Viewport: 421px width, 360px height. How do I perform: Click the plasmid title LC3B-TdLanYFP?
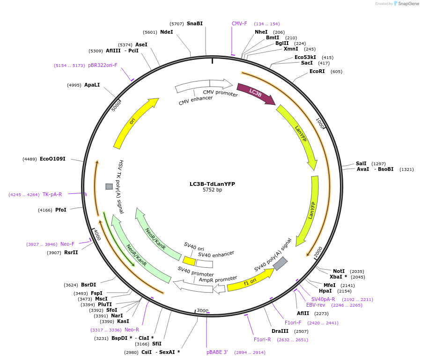pyautogui.click(x=212, y=184)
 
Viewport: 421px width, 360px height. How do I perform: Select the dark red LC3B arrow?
pyautogui.click(x=255, y=93)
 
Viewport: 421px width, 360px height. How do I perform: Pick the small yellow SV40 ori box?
pyautogui.click(x=189, y=261)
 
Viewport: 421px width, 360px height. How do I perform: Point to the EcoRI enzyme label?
pyautogui.click(x=317, y=72)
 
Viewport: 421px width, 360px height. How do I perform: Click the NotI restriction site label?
pyautogui.click(x=339, y=271)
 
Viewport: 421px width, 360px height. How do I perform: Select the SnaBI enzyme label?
pyautogui.click(x=195, y=23)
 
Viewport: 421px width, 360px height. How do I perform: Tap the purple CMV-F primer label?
pyautogui.click(x=239, y=23)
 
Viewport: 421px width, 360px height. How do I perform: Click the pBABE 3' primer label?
pyautogui.click(x=217, y=352)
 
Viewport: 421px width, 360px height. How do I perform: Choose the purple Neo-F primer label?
pyautogui.click(x=67, y=244)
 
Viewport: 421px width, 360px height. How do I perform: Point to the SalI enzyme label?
pyautogui.click(x=361, y=163)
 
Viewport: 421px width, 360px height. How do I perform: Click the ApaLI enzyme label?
pyautogui.click(x=92, y=85)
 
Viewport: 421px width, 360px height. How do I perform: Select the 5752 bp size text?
pyautogui.click(x=212, y=190)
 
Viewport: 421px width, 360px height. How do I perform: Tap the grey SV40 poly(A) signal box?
pyautogui.click(x=280, y=264)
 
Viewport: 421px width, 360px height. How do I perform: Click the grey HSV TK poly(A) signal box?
pyautogui.click(x=109, y=186)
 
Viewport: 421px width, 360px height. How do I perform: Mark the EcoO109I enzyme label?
pyautogui.click(x=52, y=159)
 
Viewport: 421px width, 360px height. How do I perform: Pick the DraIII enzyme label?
pyautogui.click(x=279, y=331)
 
